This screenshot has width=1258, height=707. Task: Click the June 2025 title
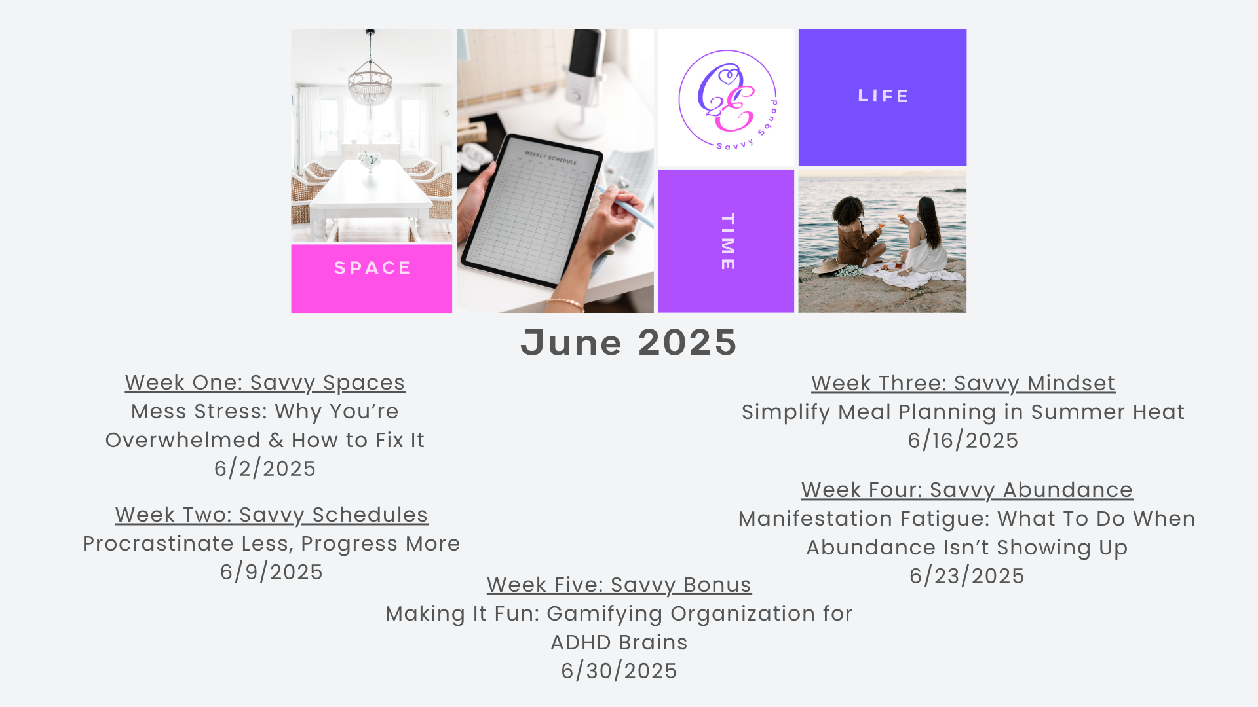point(628,342)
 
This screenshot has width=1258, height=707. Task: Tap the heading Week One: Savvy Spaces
point(265,382)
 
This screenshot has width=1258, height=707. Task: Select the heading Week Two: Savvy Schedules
point(272,515)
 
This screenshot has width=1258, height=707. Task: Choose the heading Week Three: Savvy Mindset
point(963,383)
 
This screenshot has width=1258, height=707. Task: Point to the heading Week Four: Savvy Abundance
point(967,490)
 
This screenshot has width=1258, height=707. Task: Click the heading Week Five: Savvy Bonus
point(619,585)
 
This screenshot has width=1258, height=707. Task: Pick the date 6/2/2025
point(265,469)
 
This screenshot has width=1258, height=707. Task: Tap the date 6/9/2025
point(272,572)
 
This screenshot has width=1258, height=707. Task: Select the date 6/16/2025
point(963,441)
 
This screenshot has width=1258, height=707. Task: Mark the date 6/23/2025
point(967,576)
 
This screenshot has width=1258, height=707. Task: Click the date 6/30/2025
point(619,671)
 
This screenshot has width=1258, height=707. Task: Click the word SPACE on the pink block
point(373,268)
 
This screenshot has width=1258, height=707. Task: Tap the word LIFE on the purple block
point(883,96)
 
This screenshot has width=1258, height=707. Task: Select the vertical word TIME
point(727,242)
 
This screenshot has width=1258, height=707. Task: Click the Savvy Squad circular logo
point(727,99)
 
